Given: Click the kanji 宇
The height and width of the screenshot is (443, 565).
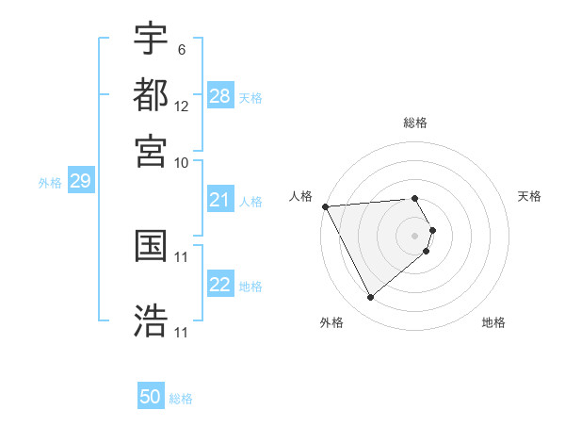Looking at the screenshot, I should pos(151,39).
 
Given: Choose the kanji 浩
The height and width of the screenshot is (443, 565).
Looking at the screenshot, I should pos(151,320).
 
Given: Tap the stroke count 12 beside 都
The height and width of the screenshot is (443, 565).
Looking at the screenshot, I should pos(182,106).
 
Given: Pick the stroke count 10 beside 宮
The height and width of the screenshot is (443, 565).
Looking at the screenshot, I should pos(182,162).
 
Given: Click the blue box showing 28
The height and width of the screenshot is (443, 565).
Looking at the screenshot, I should pos(219,96).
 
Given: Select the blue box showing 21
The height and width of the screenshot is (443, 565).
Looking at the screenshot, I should pos(219,200).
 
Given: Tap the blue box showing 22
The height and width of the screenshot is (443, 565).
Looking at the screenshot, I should pos(219,285).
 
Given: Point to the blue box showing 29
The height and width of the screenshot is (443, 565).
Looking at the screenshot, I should pos(80,181).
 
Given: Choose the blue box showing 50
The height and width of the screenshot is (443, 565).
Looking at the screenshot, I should pos(151,397).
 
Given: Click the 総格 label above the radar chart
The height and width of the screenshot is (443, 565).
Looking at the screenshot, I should pos(415,123).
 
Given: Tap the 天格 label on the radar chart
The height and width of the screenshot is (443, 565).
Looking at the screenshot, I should pos(529,196).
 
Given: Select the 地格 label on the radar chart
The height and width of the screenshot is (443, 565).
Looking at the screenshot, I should pos(493,322).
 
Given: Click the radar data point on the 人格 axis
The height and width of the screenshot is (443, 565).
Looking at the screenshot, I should pos(325,206).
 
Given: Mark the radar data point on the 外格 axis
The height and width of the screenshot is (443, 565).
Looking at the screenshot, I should pos(370,298).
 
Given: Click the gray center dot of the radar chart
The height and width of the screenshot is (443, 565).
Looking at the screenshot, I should pos(415,236).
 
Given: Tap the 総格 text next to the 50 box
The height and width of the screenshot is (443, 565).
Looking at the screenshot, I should pos(181,399).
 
